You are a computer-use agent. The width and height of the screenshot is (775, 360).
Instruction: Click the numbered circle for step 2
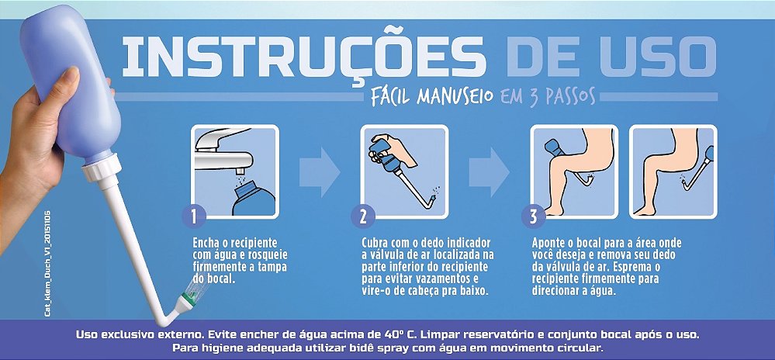coord(363,214)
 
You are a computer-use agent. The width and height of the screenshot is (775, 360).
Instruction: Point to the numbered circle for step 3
coord(532,214)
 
